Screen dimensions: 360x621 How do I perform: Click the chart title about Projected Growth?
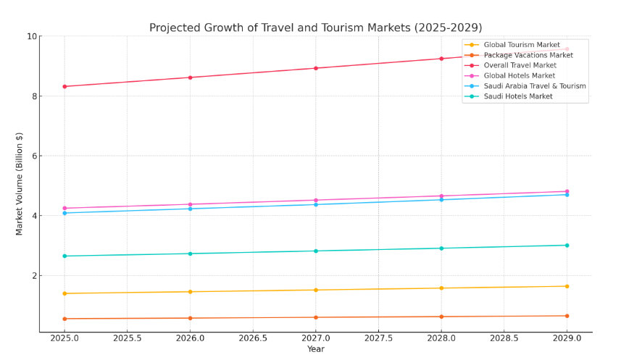coord(315,28)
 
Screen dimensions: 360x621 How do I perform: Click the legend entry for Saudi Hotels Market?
coord(517,96)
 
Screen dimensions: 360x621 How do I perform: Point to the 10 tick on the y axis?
coord(32,36)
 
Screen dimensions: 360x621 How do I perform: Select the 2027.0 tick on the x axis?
coord(315,338)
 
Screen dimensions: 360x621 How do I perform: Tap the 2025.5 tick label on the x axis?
coord(127,338)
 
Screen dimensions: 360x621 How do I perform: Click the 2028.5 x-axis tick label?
coord(504,338)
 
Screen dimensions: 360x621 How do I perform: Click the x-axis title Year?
coord(315,349)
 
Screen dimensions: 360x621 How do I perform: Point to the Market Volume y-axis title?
coord(20,183)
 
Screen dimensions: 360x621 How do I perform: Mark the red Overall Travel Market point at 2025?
coord(64,86)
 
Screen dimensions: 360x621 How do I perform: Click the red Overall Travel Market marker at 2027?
coord(315,68)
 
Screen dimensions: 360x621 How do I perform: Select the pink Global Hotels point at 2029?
coord(567,191)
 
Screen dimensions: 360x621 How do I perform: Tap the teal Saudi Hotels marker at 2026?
coord(190,254)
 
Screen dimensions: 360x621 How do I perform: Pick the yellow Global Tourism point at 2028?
coord(441,288)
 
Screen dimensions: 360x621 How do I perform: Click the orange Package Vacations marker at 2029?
coord(567,316)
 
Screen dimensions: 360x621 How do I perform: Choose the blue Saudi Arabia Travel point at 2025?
coord(64,213)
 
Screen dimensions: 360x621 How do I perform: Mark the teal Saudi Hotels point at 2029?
coord(567,245)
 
